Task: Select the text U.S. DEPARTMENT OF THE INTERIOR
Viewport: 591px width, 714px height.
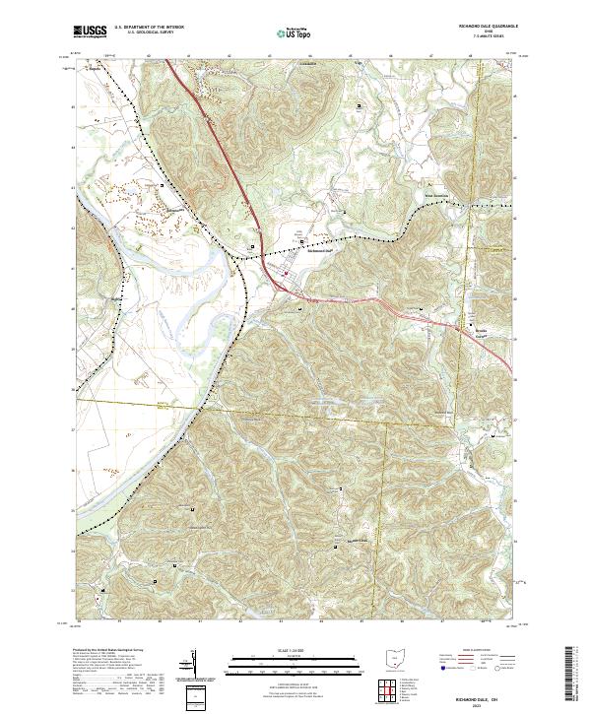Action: coord(149,29)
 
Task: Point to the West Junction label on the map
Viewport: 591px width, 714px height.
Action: coord(437,194)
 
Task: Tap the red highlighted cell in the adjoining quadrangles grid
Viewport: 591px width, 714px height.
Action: coord(394,691)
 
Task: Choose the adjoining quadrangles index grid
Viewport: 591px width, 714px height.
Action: coord(394,691)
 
